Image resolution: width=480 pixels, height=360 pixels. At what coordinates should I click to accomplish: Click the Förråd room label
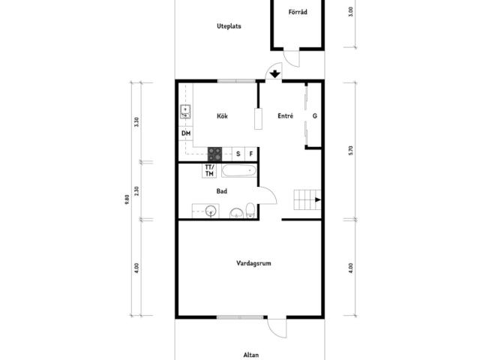298,12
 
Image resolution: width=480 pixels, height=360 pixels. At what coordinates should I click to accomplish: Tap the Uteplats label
229,26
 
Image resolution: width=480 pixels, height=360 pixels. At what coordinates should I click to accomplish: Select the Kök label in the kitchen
222,116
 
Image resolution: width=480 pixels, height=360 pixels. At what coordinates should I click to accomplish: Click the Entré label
285,115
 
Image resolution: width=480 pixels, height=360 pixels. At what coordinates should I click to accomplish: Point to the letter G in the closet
315,116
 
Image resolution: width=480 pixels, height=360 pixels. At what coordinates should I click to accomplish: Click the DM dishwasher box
186,133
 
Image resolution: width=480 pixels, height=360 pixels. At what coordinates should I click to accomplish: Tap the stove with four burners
215,154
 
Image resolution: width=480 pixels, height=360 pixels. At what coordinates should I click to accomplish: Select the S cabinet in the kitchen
238,154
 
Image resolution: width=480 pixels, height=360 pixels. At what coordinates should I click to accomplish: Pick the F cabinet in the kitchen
251,154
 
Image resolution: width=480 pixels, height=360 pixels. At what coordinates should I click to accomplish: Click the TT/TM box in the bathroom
209,171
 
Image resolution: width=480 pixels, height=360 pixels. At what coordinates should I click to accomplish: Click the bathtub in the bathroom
239,170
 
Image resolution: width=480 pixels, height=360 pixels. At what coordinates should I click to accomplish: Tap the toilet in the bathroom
250,210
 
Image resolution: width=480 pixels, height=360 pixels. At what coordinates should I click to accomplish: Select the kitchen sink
185,112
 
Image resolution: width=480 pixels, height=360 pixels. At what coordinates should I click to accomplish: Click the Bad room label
222,191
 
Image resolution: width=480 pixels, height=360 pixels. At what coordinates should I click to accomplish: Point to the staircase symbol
307,200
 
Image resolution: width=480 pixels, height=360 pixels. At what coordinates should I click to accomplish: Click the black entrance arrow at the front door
275,73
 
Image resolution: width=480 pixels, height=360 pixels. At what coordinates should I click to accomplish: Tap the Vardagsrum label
253,263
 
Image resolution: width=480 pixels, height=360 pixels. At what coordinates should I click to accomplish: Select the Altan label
251,355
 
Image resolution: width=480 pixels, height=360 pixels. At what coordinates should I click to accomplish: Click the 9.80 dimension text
127,199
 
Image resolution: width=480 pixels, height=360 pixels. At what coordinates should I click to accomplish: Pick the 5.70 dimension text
351,151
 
